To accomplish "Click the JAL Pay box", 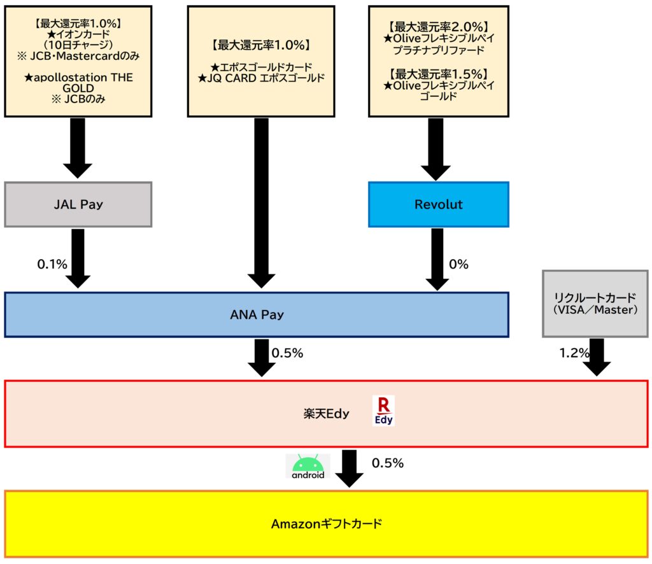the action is pyautogui.click(x=78, y=204).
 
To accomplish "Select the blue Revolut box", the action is pyautogui.click(x=438, y=204).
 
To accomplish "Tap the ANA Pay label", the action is pyautogui.click(x=257, y=314).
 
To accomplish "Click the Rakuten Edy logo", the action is pyautogui.click(x=383, y=411).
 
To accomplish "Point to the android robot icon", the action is pyautogui.click(x=308, y=466).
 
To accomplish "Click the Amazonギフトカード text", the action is pyautogui.click(x=327, y=524).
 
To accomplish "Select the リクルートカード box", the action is pyautogui.click(x=595, y=304).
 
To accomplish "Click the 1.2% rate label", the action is pyautogui.click(x=574, y=353).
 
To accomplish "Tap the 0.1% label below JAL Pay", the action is pyautogui.click(x=52, y=264).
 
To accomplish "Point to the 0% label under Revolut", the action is pyautogui.click(x=458, y=264).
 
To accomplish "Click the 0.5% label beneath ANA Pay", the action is pyautogui.click(x=287, y=353).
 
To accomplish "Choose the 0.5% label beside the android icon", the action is pyautogui.click(x=388, y=463).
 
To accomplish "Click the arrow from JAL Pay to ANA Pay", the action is pyautogui.click(x=78, y=258).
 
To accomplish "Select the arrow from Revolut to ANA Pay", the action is pyautogui.click(x=437, y=259).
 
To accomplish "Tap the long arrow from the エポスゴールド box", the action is pyautogui.click(x=261, y=203).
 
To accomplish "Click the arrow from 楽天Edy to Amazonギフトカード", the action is pyautogui.click(x=350, y=469).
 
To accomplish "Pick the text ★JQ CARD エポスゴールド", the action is pyautogui.click(x=261, y=78).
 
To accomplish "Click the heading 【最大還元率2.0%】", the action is pyautogui.click(x=438, y=27).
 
